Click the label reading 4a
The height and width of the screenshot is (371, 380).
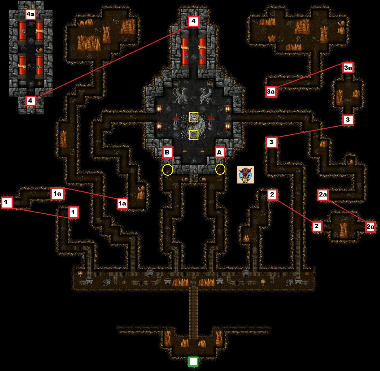pos(30,14)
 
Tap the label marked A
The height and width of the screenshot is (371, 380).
pos(220,152)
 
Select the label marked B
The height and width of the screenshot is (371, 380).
pos(168,152)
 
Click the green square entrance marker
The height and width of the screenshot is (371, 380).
pos(193,362)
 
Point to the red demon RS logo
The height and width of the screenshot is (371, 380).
pos(245,175)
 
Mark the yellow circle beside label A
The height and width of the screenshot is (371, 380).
pos(220,169)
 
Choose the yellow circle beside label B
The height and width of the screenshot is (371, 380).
pos(168,170)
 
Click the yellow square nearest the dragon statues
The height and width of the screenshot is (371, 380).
pos(193,117)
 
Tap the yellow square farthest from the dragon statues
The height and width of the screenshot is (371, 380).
pos(193,135)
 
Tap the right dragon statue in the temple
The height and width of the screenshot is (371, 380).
pos(207,95)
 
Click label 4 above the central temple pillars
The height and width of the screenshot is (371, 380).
pos(193,21)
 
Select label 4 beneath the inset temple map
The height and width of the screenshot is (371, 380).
pos(30,101)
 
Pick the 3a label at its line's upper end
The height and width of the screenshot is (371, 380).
pos(348,68)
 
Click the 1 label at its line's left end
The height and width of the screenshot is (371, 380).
pos(7,202)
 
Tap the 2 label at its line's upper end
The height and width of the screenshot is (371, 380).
pos(272,194)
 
